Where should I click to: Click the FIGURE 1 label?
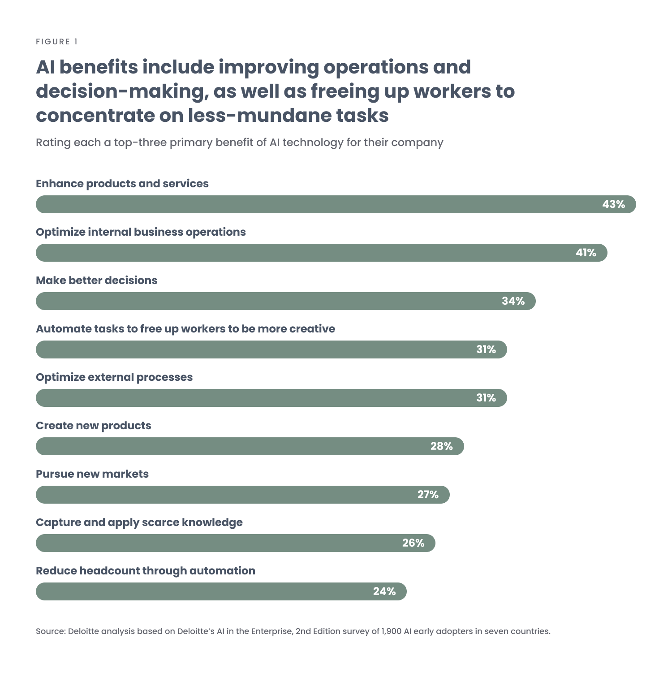(x=57, y=42)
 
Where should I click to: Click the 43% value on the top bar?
(x=613, y=204)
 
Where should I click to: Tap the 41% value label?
(x=586, y=253)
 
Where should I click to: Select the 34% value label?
(x=513, y=301)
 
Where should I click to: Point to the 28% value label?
(x=441, y=446)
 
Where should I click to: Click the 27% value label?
(x=428, y=495)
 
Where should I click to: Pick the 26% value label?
(x=413, y=543)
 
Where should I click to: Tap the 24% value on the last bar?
(x=384, y=591)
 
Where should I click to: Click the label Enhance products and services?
(x=122, y=184)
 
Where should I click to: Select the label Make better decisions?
(x=97, y=280)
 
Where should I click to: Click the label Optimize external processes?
(x=114, y=377)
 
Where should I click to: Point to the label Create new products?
(x=94, y=426)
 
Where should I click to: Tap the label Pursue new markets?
(x=92, y=474)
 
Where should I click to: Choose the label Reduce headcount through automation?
(x=146, y=571)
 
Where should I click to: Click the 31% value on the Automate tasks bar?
(x=486, y=349)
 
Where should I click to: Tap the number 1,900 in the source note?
(x=391, y=631)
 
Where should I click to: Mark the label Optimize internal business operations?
(x=141, y=232)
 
